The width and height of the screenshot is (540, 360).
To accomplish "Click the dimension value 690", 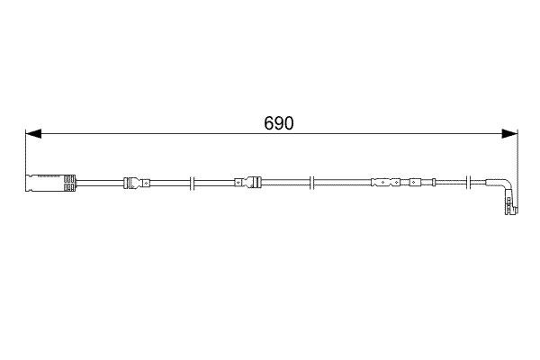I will pos(278,123).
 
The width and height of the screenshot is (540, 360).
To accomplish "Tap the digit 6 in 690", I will pos(268,123).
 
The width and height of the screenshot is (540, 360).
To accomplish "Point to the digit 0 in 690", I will pos(288,123).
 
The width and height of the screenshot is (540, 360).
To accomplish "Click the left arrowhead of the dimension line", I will pos(31,135).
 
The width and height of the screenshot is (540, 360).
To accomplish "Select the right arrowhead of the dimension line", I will pos(511,135).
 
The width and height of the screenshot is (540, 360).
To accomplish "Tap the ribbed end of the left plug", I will pos(67,184).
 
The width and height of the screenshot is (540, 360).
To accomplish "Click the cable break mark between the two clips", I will pos(193,184).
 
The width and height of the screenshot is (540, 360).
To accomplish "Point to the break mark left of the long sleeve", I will pos(310,184).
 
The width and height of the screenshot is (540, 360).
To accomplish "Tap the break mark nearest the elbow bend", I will pos(465,184).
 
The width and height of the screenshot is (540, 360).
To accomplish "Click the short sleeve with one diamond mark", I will pos(414,184).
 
